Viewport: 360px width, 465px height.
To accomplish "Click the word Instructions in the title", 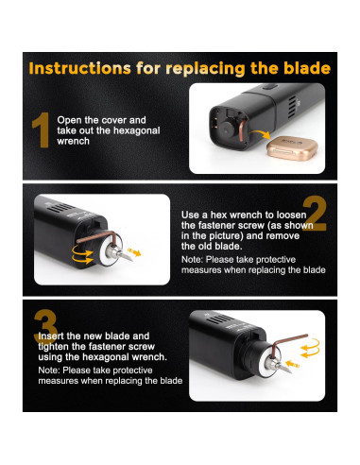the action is [79, 68].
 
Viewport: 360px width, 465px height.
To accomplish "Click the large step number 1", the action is [42, 130].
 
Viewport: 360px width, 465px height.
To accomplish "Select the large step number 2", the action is [315, 214].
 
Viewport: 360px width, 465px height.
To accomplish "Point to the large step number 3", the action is [45, 327].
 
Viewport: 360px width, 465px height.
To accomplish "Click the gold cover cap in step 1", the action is [292, 148].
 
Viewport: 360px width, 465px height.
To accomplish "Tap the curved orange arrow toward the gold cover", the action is [260, 133].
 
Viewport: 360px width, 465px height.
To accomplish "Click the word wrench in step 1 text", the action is [73, 141].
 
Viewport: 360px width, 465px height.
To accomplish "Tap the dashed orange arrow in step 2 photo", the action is [134, 251].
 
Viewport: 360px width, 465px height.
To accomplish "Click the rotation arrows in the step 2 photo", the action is [83, 254].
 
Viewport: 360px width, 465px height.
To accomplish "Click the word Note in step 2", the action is [192, 260].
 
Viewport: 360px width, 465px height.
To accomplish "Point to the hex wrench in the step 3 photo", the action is [285, 344].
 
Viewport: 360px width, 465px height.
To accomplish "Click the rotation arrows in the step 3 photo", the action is [310, 348].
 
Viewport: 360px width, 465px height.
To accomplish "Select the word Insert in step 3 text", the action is [51, 336].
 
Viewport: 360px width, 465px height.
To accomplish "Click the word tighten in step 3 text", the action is [54, 347].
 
